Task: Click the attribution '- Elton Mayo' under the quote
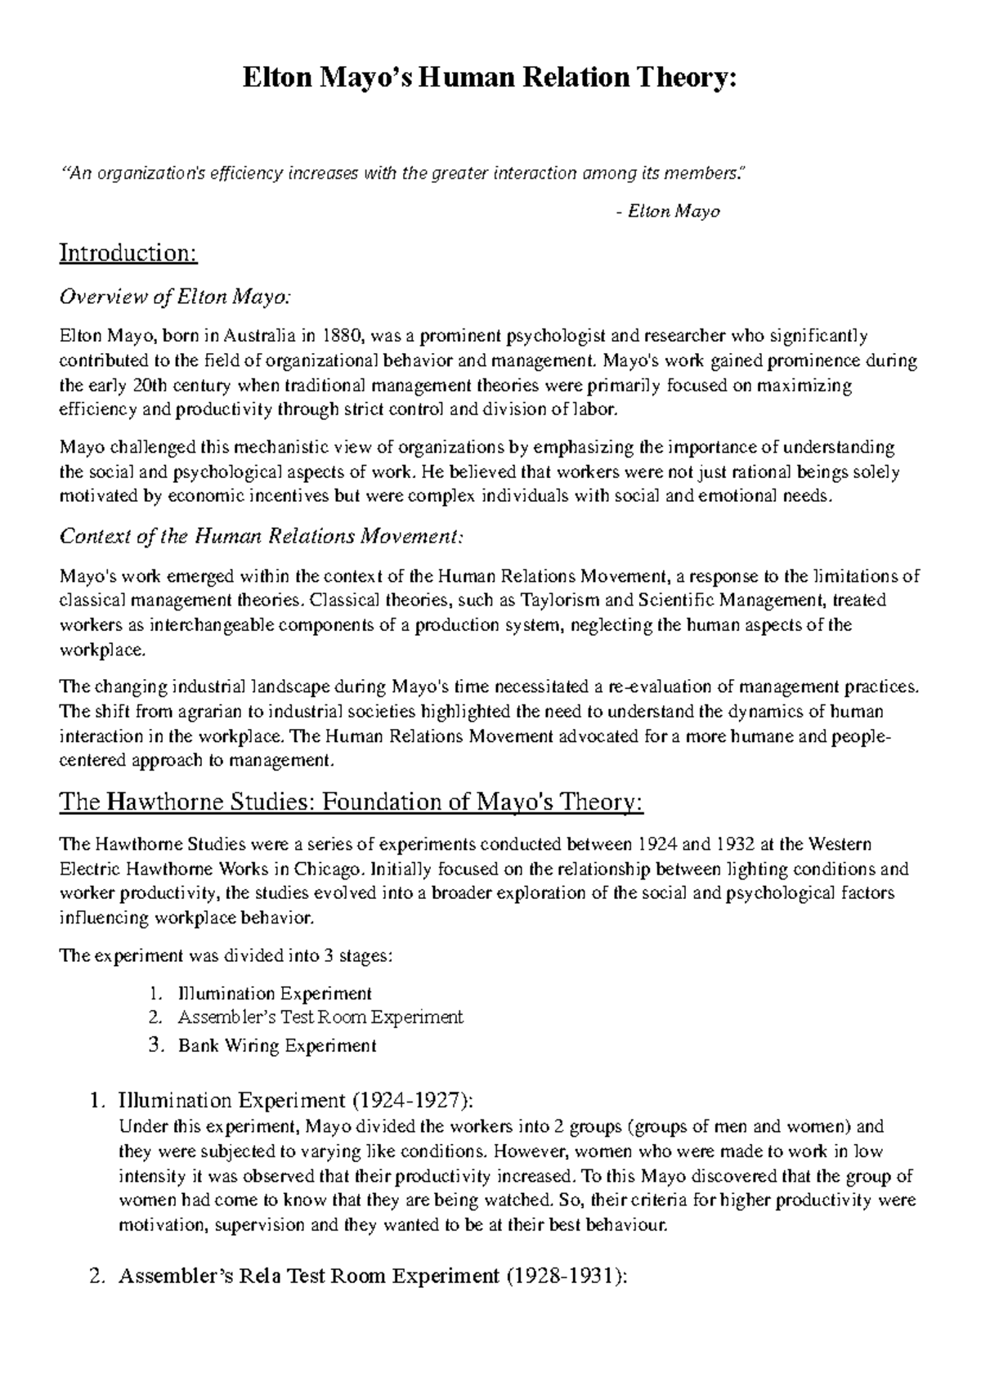pos(667,212)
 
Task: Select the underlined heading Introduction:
pos(128,253)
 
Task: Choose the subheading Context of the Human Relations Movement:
pos(262,537)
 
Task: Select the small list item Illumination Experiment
pos(275,994)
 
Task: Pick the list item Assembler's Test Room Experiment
pos(320,1017)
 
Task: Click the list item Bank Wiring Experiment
pos(277,1045)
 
